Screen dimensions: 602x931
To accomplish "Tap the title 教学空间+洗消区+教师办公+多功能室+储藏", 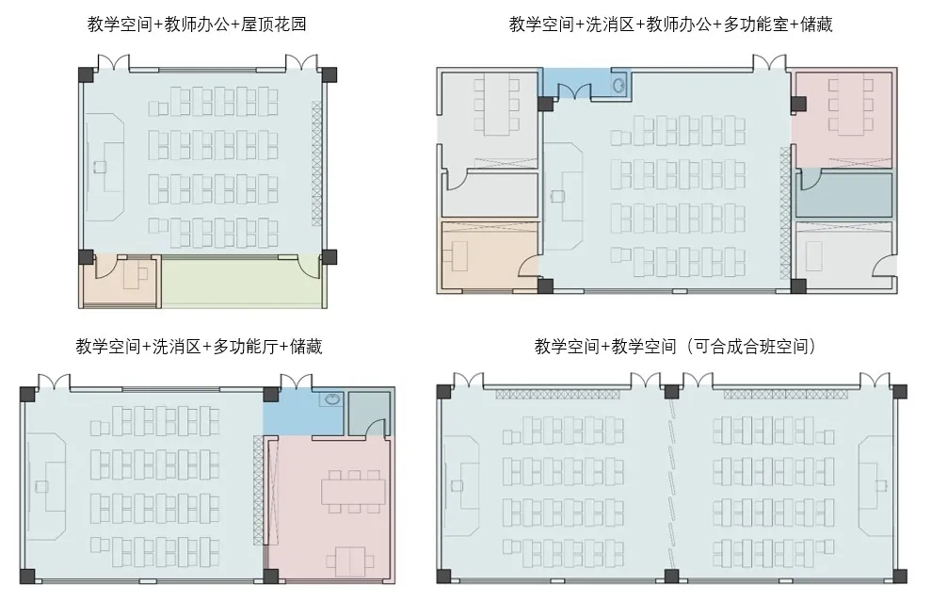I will pos(670,24).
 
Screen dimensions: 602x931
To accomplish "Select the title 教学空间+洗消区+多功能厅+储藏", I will pos(199,347).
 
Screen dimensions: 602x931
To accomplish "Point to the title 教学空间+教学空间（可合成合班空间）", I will pos(675,347).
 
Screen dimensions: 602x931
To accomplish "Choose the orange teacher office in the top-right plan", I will pos(488,255).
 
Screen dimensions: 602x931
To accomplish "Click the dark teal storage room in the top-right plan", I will pos(843,195).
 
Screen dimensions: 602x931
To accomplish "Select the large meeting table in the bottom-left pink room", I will pos(353,492).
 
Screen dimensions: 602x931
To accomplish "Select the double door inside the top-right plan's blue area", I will pos(572,92).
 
